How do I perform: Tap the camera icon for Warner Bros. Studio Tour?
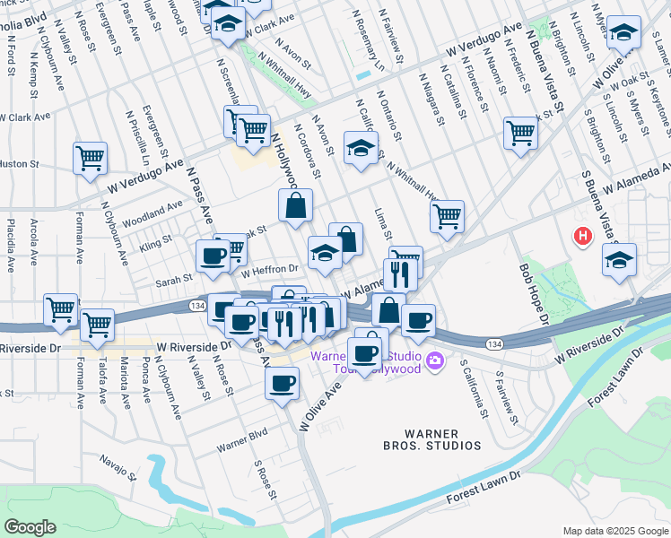tap(436, 361)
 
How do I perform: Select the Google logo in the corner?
tap(30, 526)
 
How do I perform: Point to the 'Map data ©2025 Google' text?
tap(614, 531)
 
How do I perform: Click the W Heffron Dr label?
tap(269, 269)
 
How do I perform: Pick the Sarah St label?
tap(175, 279)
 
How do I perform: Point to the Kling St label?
tap(156, 243)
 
